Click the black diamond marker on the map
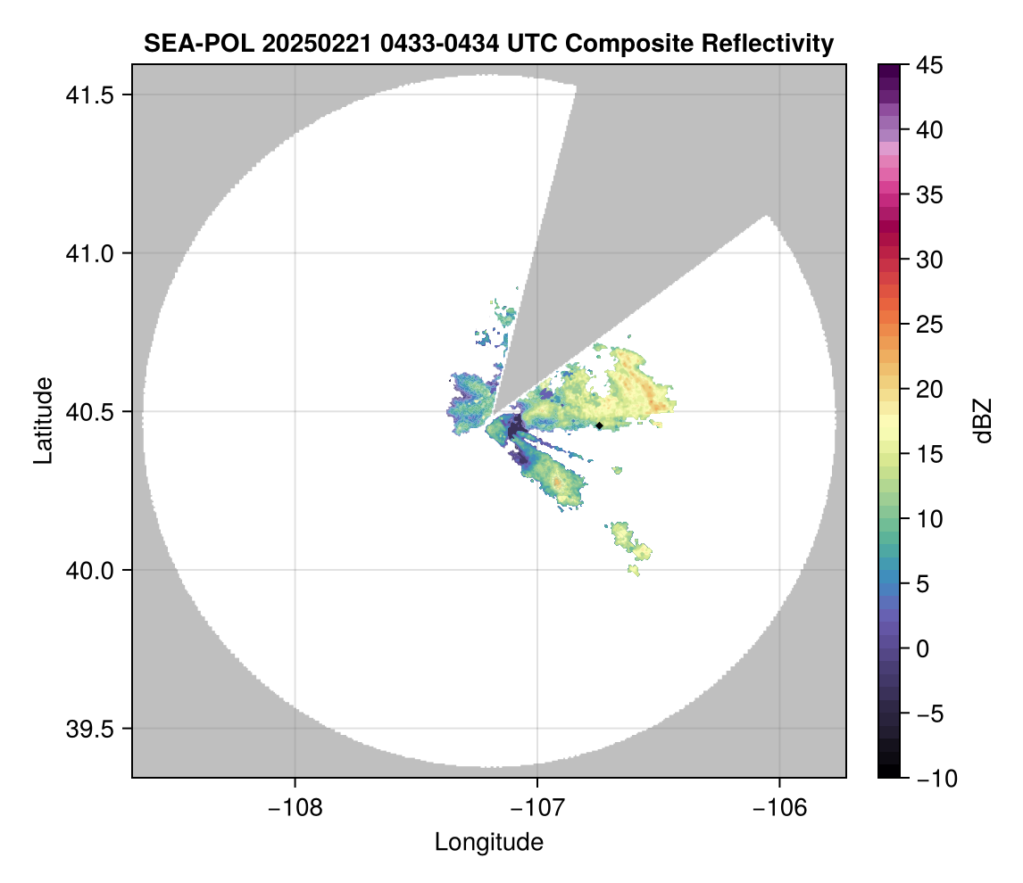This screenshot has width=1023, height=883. (599, 425)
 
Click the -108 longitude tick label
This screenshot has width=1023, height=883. (294, 807)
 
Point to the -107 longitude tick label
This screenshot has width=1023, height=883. (537, 807)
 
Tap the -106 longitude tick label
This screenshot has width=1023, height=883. (780, 807)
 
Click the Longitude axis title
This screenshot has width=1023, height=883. (488, 842)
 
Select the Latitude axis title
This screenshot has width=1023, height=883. (43, 420)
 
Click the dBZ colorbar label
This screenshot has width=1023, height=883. (983, 420)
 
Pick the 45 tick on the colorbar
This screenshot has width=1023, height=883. (927, 65)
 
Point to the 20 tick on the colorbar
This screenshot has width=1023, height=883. (927, 389)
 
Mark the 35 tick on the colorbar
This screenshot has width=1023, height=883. (927, 194)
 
